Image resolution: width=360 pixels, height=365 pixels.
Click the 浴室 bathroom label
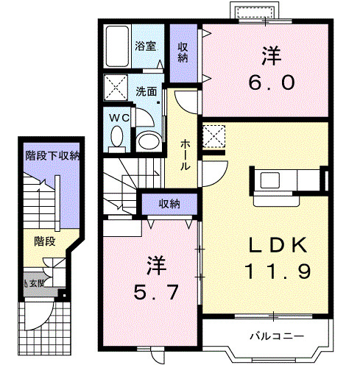tap(146, 46)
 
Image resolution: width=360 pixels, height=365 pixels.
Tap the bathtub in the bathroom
tap(117, 46)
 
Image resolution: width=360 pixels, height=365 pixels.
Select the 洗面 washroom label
tap(146, 92)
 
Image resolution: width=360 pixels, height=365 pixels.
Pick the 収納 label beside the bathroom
tap(183, 52)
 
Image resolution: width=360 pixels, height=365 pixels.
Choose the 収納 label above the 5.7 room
tap(170, 203)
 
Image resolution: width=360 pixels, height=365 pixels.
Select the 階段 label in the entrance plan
tap(45, 240)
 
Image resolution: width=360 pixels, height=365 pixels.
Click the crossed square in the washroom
tap(115, 87)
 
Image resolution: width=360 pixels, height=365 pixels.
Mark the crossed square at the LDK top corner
tap(213, 136)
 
